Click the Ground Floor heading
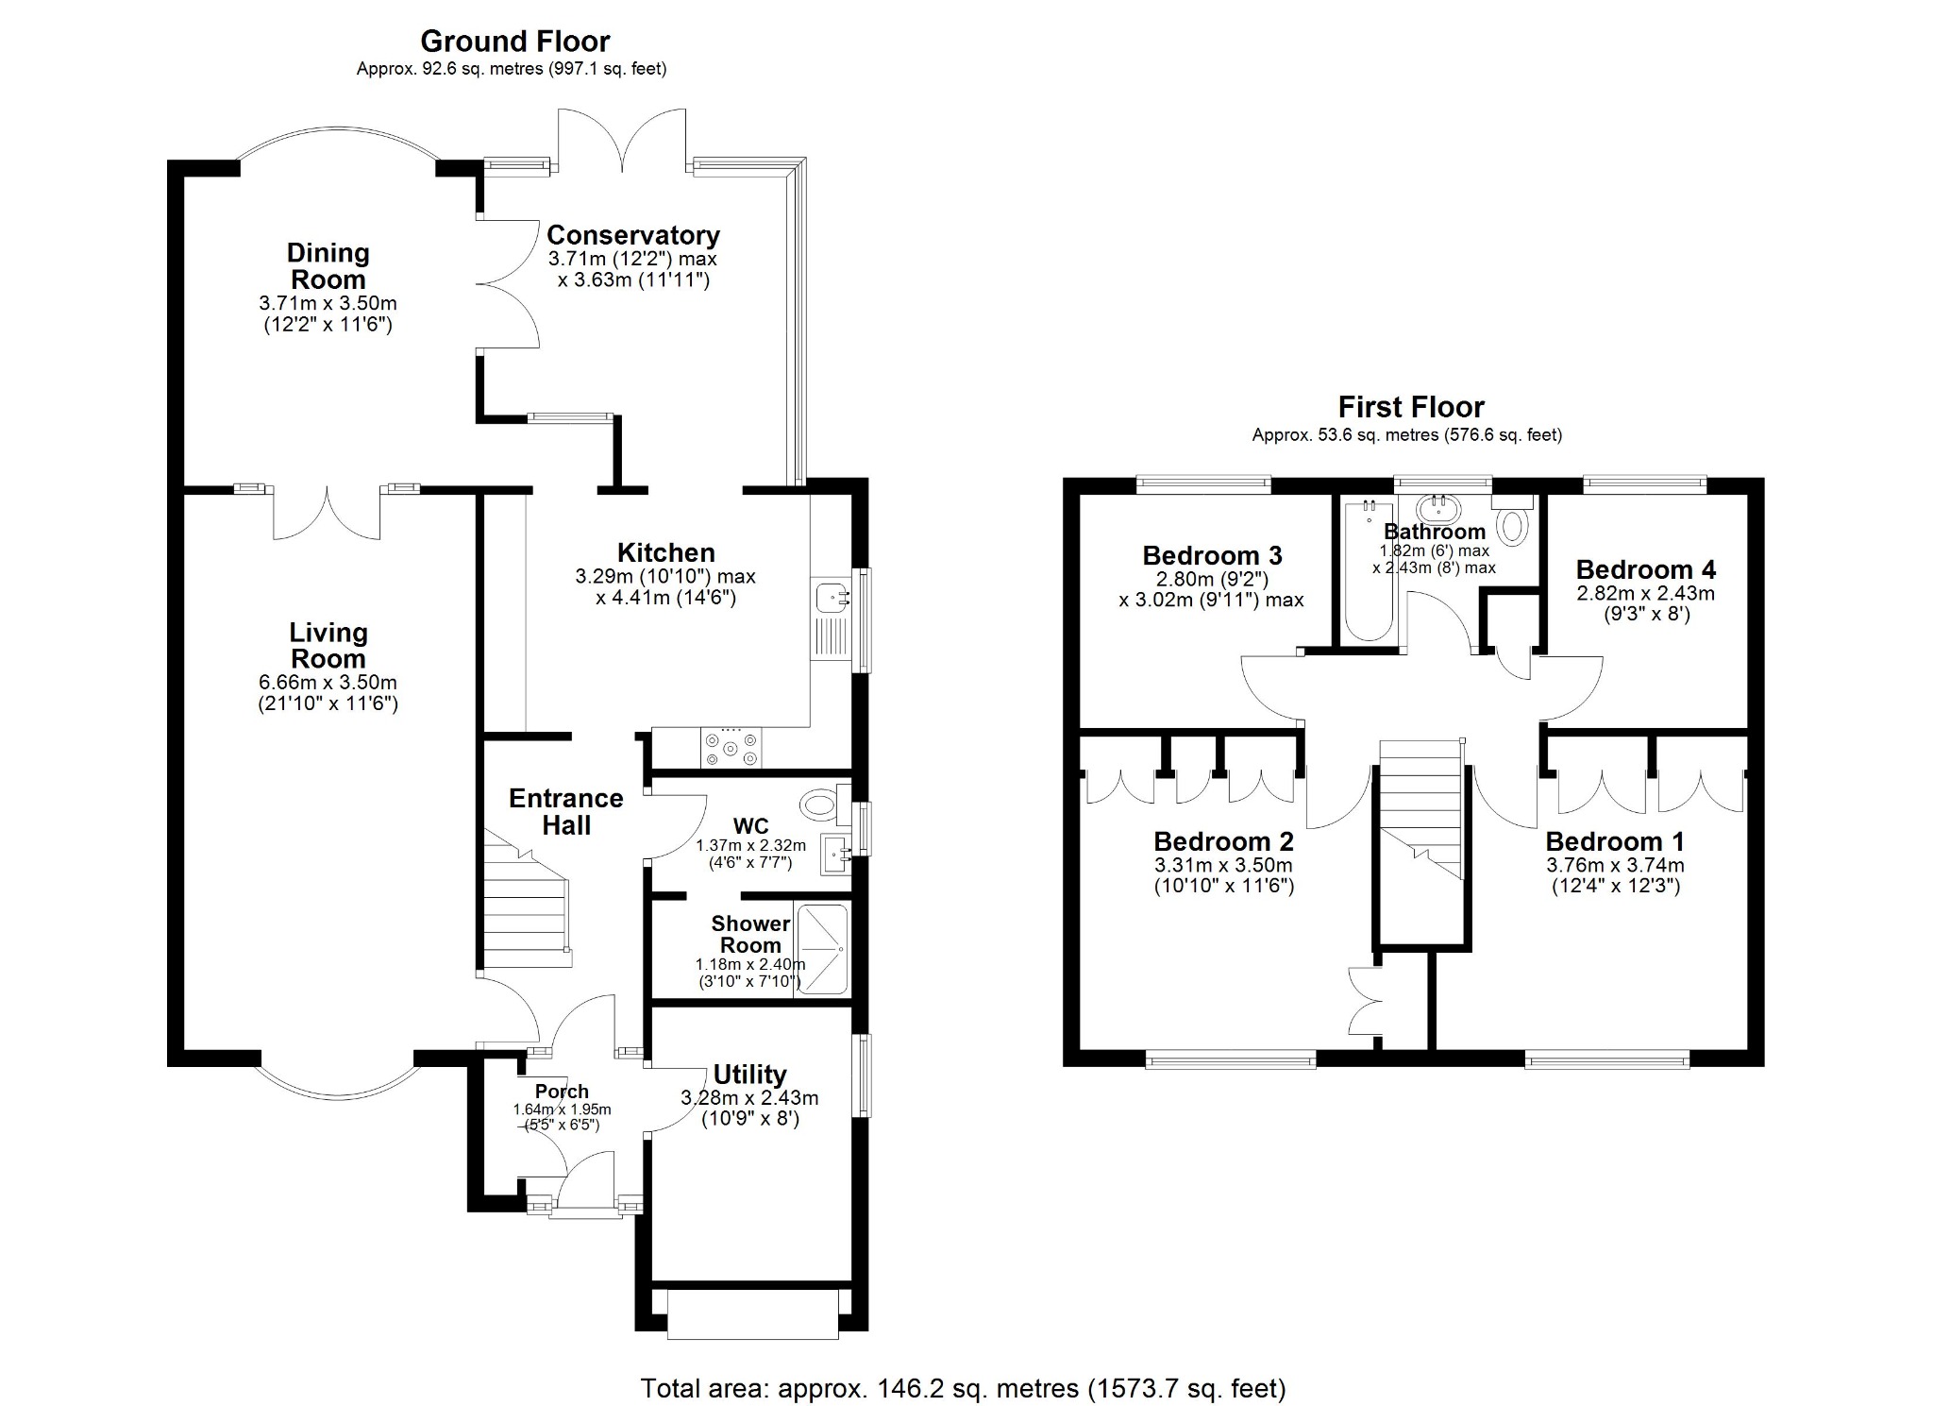pyautogui.click(x=514, y=42)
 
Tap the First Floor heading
pyautogui.click(x=1410, y=407)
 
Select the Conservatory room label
pyautogui.click(x=632, y=235)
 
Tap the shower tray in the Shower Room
pyautogui.click(x=823, y=949)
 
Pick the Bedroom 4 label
pyautogui.click(x=1645, y=569)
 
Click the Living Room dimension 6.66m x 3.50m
pyautogui.click(x=328, y=683)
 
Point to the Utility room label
pyautogui.click(x=749, y=1075)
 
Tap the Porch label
pyautogui.click(x=562, y=1092)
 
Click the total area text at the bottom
pyautogui.click(x=963, y=1388)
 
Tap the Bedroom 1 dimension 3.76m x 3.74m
pyautogui.click(x=1614, y=865)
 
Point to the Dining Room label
pyautogui.click(x=328, y=266)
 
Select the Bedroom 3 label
pyautogui.click(x=1212, y=555)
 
